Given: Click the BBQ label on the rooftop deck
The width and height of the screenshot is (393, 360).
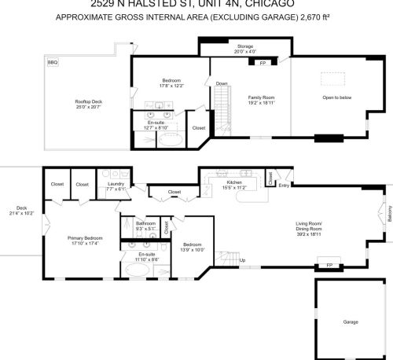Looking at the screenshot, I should [x=53, y=62].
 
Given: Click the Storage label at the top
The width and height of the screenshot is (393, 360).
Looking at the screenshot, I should [x=245, y=48].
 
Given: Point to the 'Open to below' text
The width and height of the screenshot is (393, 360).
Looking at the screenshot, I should [x=336, y=97].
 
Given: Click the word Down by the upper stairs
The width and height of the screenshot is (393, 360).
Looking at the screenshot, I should [x=222, y=84].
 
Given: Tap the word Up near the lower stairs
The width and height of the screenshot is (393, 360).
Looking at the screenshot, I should [x=241, y=260].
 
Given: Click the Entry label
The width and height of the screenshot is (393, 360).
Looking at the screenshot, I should [x=284, y=186].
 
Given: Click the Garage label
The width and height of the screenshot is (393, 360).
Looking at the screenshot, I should [x=350, y=321].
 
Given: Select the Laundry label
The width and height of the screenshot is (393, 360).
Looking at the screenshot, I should [x=116, y=185].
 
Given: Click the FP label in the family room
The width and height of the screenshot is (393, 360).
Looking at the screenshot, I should [x=262, y=62].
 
